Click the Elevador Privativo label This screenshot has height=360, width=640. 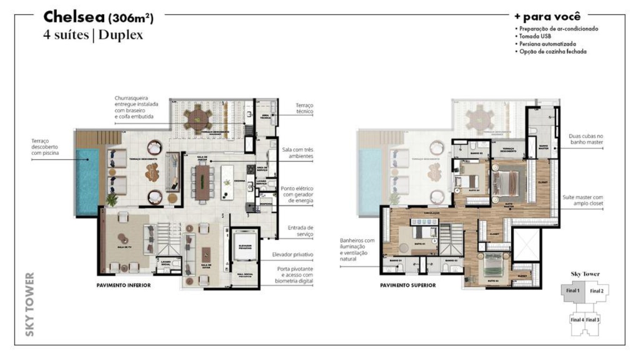[245, 247]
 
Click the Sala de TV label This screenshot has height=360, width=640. [124, 247]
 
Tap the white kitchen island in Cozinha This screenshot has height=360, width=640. [227, 182]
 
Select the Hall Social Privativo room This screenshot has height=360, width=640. [245, 275]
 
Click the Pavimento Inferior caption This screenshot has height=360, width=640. [123, 285]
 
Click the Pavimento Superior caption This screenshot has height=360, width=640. [408, 285]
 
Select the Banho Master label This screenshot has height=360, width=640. [543, 147]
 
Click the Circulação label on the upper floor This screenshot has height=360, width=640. [432, 213]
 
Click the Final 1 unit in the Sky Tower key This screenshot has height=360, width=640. [572, 291]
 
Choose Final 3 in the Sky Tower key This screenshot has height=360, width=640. [593, 320]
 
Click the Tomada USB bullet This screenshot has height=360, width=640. [535, 36]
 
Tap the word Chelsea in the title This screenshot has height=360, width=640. [74, 17]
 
